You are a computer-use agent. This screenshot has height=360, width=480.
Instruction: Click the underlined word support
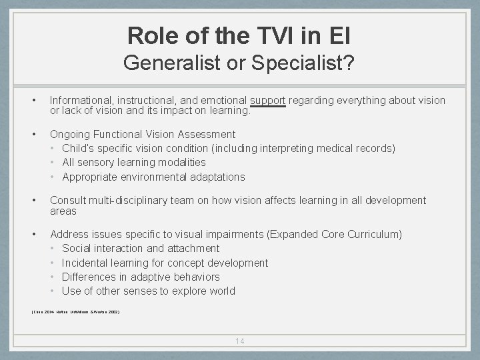268,100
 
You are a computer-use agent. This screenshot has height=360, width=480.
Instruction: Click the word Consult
68,200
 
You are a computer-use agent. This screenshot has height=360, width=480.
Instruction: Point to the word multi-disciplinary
135,200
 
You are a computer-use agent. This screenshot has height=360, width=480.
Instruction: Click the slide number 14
240,341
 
